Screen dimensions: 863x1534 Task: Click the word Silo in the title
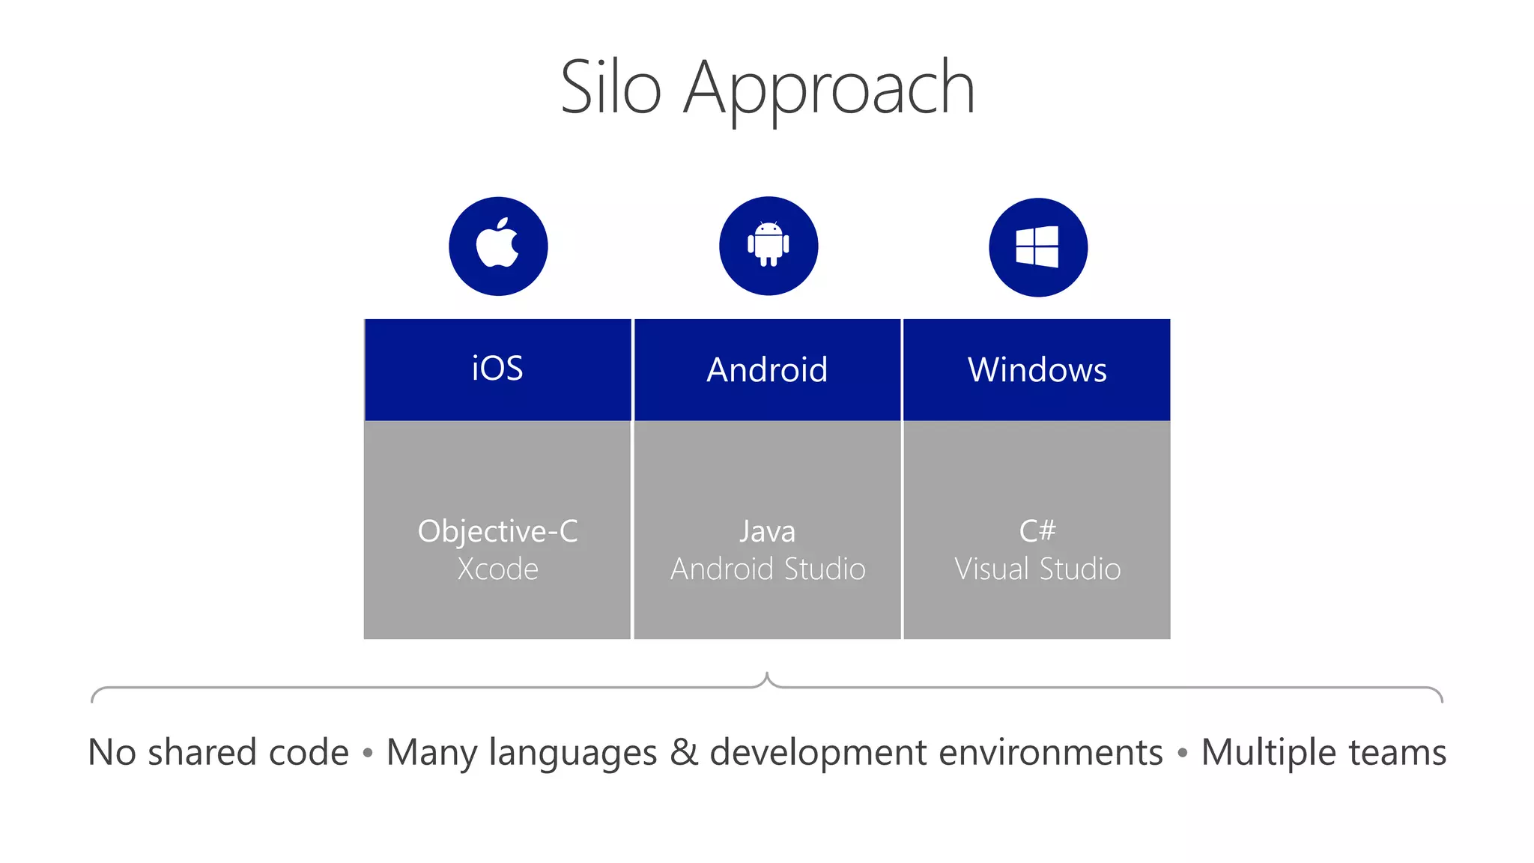pyautogui.click(x=610, y=88)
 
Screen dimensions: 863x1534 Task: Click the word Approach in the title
pyautogui.click(x=829, y=90)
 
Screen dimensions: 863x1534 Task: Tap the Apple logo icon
pyautogui.click(x=498, y=246)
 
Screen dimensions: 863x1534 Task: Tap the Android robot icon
pyautogui.click(x=768, y=246)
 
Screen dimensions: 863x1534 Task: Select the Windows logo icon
pyautogui.click(x=1037, y=246)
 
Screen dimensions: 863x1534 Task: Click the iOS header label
pyautogui.click(x=497, y=369)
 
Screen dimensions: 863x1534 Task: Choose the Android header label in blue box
pyautogui.click(x=767, y=370)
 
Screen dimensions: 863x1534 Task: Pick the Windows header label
pyautogui.click(x=1037, y=370)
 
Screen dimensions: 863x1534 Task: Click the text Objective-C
pyautogui.click(x=497, y=531)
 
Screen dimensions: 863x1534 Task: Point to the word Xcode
pyautogui.click(x=497, y=569)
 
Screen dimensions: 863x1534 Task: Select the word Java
pyautogui.click(x=767, y=532)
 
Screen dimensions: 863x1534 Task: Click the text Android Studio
pyautogui.click(x=768, y=569)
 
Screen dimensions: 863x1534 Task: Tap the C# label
pyautogui.click(x=1037, y=531)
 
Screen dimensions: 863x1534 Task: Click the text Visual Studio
pyautogui.click(x=1037, y=569)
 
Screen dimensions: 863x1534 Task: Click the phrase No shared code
pyautogui.click(x=218, y=752)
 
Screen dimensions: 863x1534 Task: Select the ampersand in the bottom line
pyautogui.click(x=683, y=752)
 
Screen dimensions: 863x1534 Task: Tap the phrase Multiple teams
pyautogui.click(x=1324, y=752)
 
